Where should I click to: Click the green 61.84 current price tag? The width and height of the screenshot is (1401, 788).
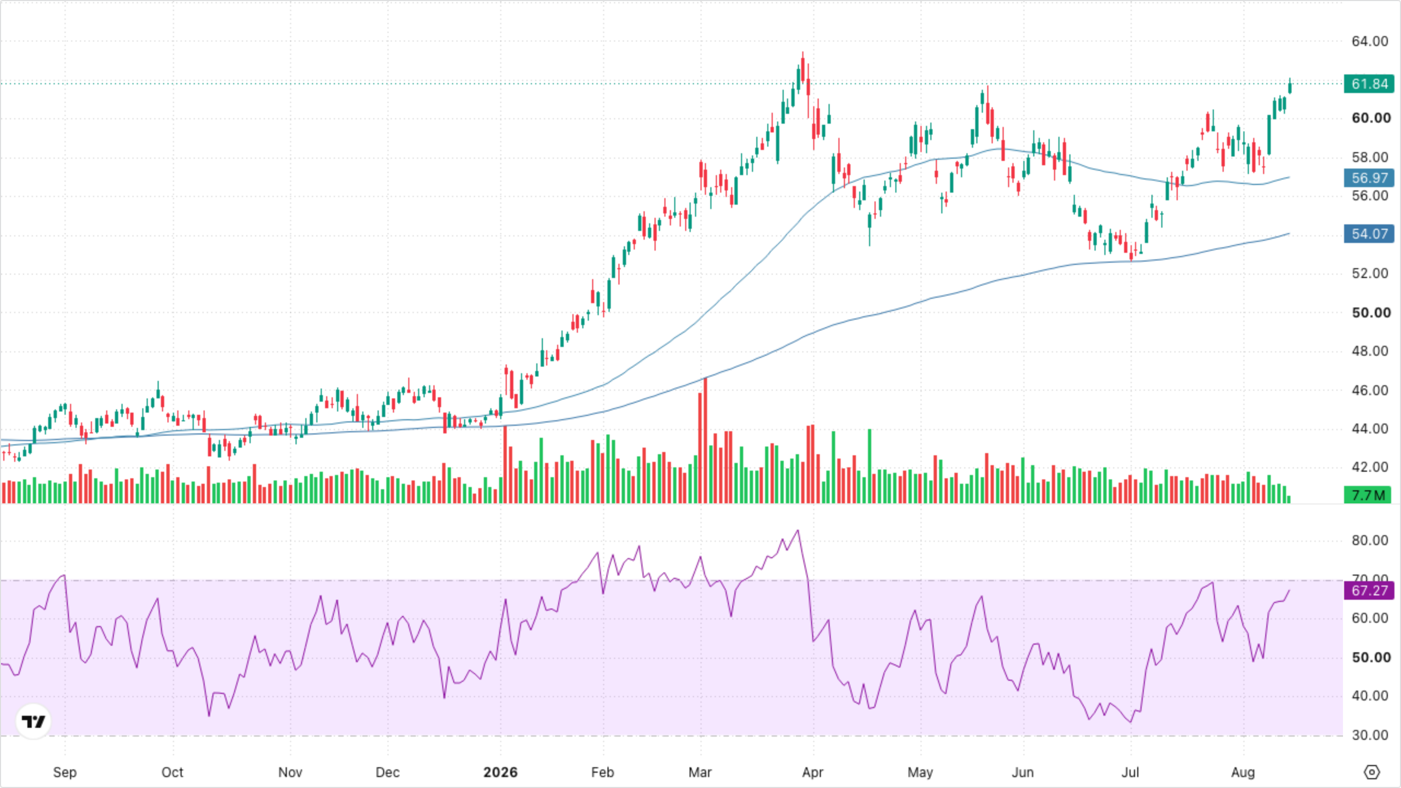(1369, 84)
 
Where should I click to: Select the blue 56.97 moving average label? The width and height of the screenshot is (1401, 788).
(1369, 178)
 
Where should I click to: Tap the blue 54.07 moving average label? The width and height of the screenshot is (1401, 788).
(1369, 234)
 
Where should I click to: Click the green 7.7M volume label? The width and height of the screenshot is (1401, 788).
(1368, 495)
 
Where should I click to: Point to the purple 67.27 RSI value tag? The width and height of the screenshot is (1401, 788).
(1369, 590)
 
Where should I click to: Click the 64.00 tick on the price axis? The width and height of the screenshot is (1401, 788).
(1370, 41)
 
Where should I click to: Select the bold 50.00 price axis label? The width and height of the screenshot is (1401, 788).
(1371, 312)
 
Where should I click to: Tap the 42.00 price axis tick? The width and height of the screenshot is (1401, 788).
(1370, 467)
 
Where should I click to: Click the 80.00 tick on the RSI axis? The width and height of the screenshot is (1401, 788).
(1370, 540)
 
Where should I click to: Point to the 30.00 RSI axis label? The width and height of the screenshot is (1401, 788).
(1370, 735)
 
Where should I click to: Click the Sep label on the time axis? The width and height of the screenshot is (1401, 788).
(65, 772)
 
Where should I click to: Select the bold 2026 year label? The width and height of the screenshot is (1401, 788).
(500, 772)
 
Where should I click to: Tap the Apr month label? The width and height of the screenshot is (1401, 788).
(813, 772)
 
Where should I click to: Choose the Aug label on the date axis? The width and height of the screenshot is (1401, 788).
(1243, 772)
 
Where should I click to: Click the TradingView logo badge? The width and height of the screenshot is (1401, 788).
(33, 721)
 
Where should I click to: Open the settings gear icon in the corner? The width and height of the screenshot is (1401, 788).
(1372, 772)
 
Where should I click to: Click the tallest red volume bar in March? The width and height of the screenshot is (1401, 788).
(705, 441)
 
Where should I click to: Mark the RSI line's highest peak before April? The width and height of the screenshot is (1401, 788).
(798, 530)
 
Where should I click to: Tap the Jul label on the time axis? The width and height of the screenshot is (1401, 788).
(1130, 772)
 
